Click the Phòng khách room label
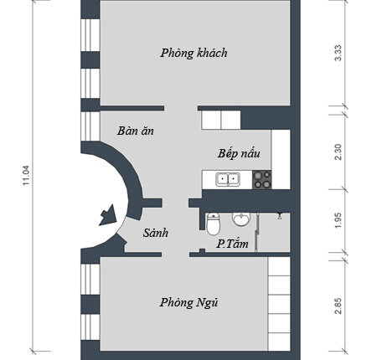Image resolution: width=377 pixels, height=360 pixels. [x=194, y=53]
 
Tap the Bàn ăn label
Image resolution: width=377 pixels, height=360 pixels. [x=136, y=131]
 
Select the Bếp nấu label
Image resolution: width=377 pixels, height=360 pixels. [x=239, y=153]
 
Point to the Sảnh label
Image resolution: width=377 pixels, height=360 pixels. [x=156, y=233]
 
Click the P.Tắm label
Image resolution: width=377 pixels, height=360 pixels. [x=232, y=244]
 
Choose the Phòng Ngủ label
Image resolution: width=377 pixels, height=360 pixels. [x=188, y=302]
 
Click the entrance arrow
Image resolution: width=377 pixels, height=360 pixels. [x=108, y=215]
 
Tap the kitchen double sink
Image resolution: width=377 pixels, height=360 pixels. [x=228, y=179]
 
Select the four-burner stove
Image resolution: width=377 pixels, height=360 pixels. [x=261, y=179]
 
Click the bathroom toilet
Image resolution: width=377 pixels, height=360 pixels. [x=214, y=224]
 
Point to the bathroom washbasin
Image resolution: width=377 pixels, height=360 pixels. [x=241, y=219]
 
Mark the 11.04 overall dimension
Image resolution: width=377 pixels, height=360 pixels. [x=26, y=176]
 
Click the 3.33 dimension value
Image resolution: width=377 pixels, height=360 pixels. [x=338, y=53]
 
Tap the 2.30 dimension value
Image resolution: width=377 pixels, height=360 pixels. [x=338, y=152]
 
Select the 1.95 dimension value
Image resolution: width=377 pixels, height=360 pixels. [x=338, y=221]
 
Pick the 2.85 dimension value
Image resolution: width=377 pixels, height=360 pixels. [x=338, y=306]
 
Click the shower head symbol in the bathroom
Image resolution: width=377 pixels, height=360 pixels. [x=279, y=216]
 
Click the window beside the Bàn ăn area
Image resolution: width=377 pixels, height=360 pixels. [x=90, y=126]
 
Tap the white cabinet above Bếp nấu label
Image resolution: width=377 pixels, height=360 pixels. [x=221, y=120]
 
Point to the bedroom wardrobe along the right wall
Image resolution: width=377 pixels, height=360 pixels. [x=279, y=304]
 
